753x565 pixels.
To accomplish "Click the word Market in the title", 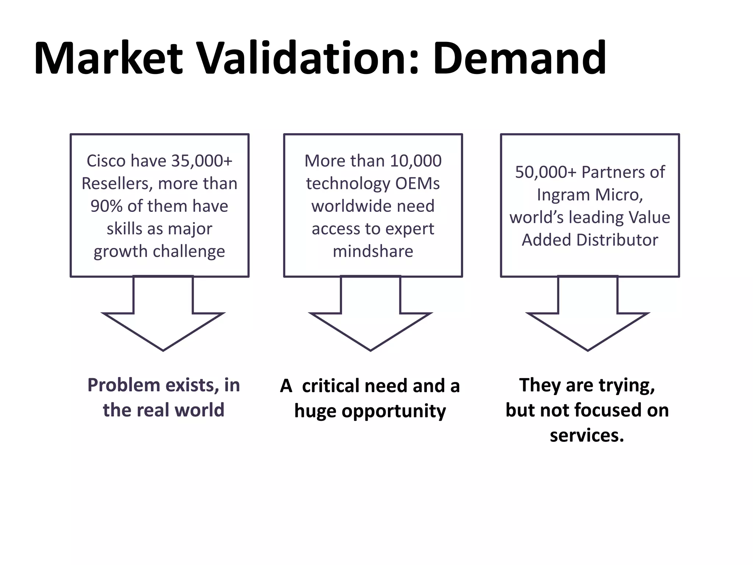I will click(x=108, y=59).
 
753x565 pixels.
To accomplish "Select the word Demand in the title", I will click(x=520, y=59).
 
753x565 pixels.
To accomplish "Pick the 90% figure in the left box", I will click(x=106, y=206).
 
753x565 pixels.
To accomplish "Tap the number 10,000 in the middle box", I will click(x=415, y=161).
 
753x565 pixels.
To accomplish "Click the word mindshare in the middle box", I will click(x=373, y=252).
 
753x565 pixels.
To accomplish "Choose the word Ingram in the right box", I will click(x=563, y=195).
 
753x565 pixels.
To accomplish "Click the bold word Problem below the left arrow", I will click(x=124, y=385).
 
